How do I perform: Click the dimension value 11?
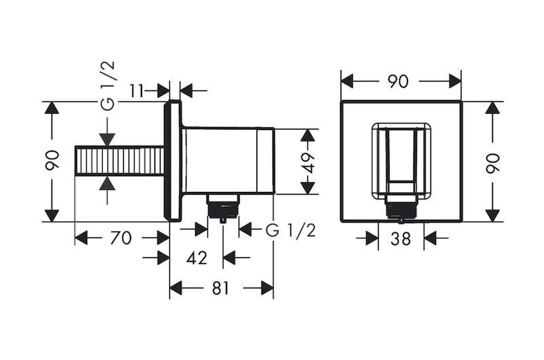137,91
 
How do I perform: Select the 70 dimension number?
121,238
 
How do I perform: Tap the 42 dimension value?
197,258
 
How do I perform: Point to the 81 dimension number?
220,288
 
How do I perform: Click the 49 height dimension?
308,162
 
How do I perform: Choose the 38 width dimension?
401,238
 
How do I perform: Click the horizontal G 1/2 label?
291,230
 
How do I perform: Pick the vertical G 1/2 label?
108,85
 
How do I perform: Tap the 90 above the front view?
398,82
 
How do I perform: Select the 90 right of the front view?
492,163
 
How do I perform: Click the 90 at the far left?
52,160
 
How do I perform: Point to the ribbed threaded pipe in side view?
120,161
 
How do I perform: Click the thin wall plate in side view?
173,161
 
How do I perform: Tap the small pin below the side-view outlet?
223,220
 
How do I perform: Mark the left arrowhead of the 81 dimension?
176,288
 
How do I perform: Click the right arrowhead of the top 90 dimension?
455,81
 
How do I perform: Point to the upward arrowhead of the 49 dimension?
308,135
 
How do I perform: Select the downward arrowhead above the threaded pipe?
107,140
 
